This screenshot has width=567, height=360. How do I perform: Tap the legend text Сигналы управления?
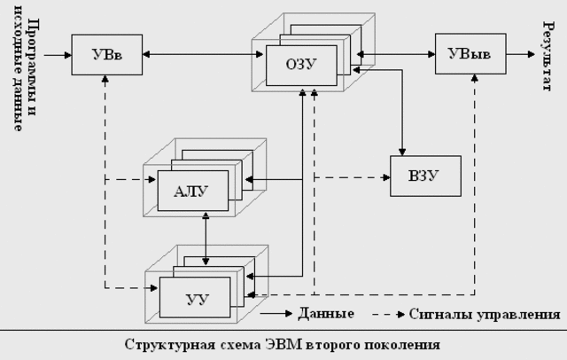click(484, 314)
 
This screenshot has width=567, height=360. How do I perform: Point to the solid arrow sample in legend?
click(279, 314)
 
